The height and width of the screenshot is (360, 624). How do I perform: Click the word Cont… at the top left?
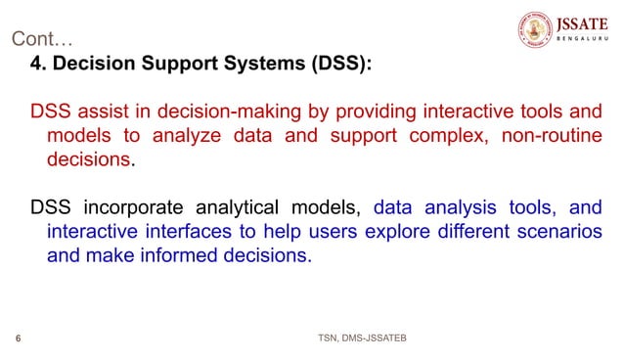pos(42,40)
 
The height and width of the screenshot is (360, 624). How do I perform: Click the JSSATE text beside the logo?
pos(583,22)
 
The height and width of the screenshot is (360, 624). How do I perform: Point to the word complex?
pos(439,135)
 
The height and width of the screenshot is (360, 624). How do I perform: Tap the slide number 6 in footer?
pos(20,338)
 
